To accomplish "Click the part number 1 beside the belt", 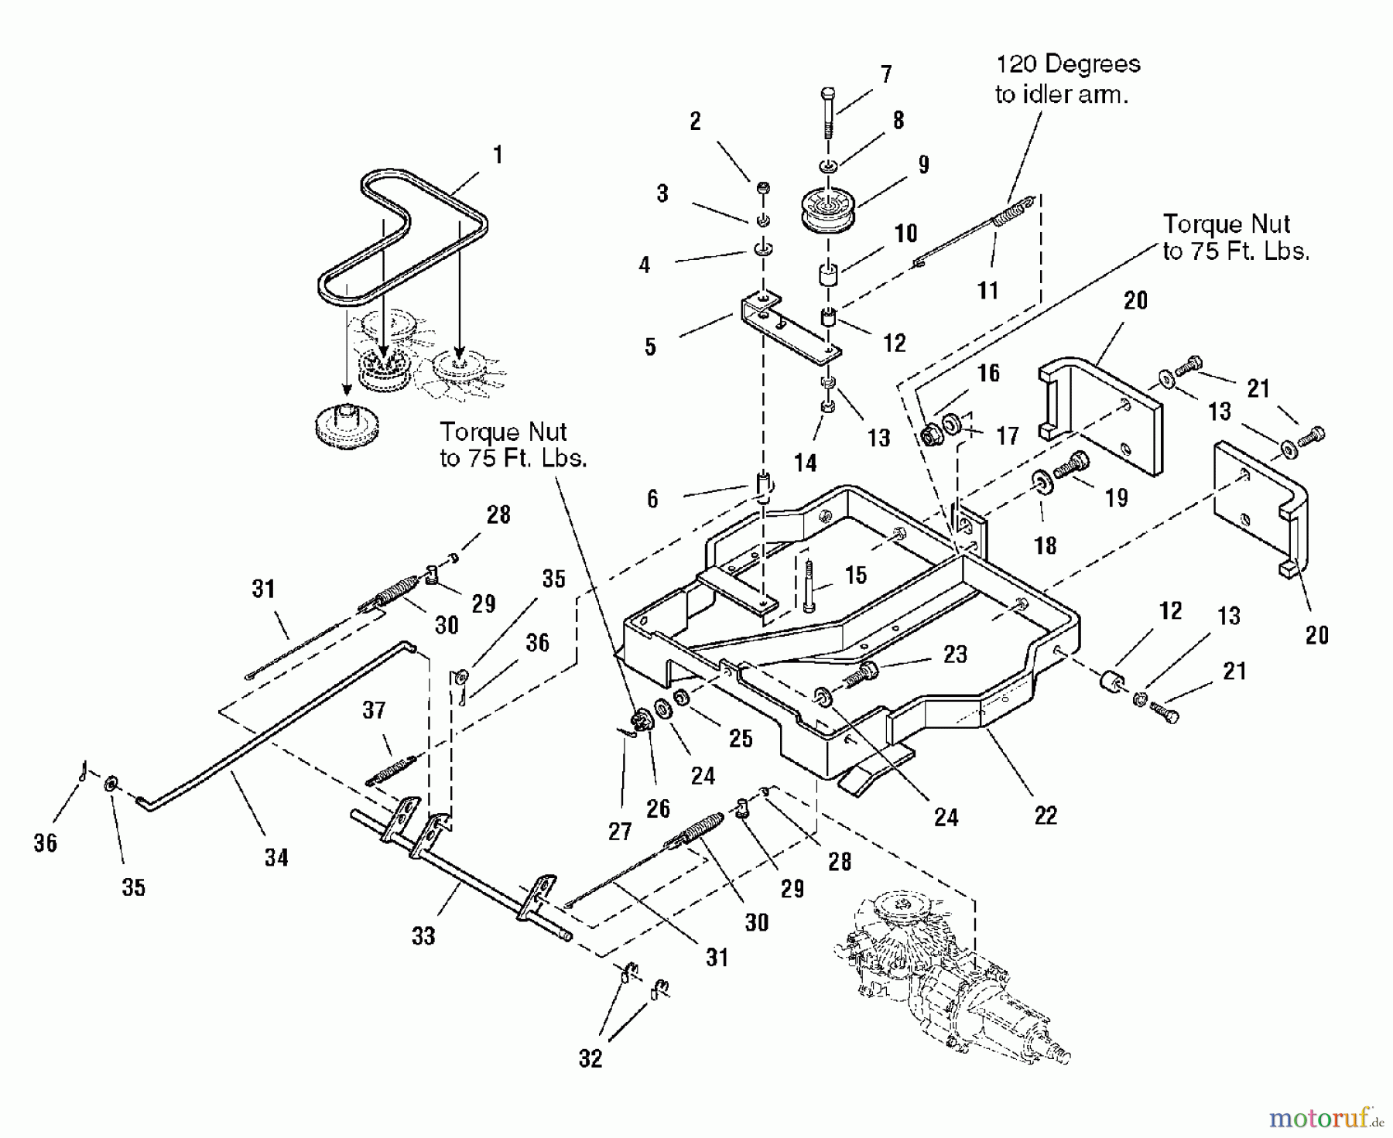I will (498, 155).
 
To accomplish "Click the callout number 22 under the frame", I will (1046, 815).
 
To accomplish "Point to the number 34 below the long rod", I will (276, 857).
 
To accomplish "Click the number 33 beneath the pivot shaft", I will (423, 936).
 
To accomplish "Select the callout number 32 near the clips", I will (590, 1058).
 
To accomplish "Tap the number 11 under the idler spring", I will (988, 291).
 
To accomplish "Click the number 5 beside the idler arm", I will (650, 347).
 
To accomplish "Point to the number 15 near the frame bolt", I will (855, 575).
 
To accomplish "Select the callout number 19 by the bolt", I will (1116, 497).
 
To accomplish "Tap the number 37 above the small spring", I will (374, 709).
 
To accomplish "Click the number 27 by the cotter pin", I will (620, 831).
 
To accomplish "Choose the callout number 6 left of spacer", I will (652, 499).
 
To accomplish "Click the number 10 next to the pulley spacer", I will (905, 233).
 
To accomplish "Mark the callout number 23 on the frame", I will (955, 654).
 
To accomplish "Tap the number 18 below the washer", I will (1045, 545).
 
